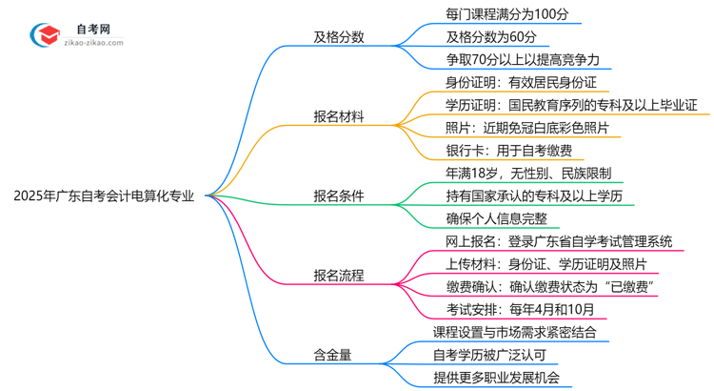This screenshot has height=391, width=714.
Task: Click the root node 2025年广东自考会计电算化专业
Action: pos(105,196)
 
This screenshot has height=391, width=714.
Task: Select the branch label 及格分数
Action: pos(338,38)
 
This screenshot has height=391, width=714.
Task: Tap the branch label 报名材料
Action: pos(338,117)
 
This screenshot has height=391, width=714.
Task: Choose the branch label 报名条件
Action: pos(338,196)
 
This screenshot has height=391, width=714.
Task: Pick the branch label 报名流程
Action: pos(338,276)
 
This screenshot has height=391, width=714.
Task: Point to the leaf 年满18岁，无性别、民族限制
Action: pos(522,174)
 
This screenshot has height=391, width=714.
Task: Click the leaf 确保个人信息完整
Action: pos(483,218)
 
